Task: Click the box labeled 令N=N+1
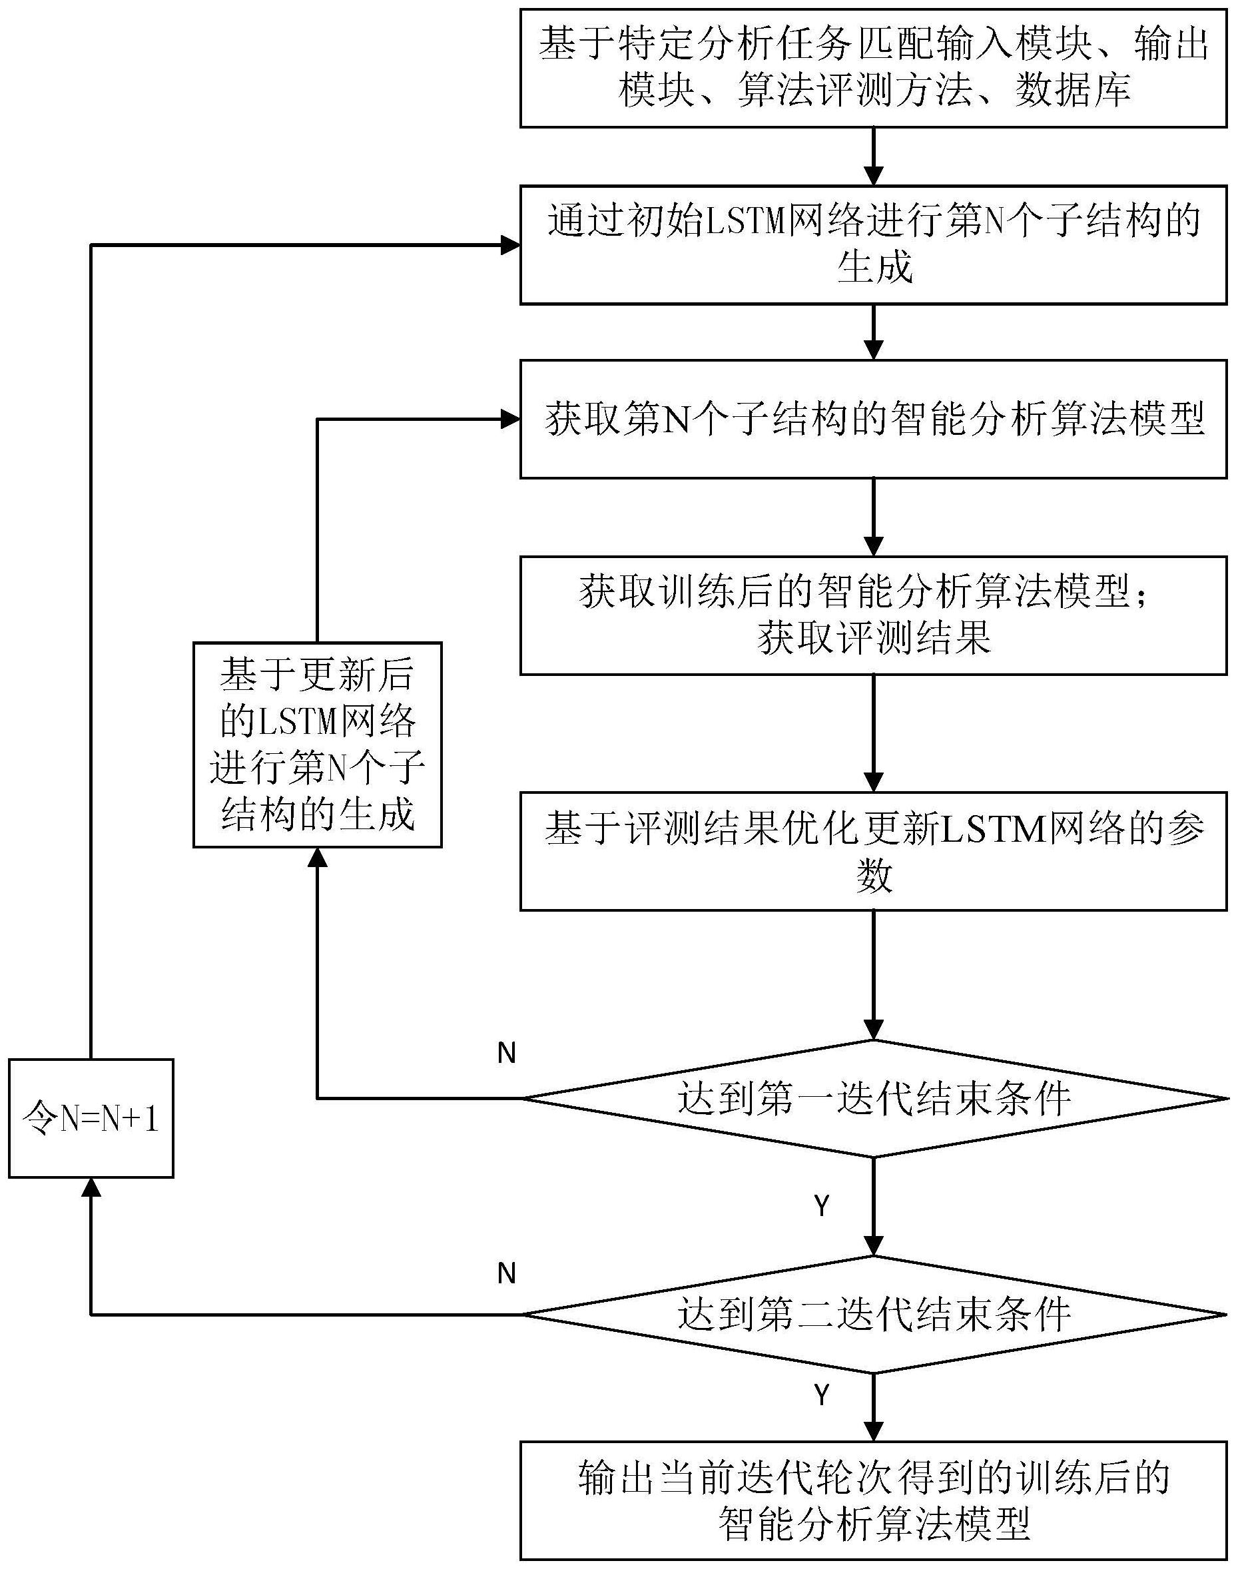(91, 1118)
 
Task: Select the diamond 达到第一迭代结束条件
(874, 1099)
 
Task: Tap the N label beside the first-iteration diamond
(506, 1054)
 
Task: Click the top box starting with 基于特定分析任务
(874, 68)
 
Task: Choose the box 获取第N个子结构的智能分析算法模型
(874, 419)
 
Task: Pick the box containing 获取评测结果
(874, 615)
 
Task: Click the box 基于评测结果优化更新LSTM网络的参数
(874, 851)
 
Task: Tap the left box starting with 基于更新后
(318, 745)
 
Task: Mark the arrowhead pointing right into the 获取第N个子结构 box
(511, 419)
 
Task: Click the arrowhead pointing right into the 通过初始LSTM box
(511, 246)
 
